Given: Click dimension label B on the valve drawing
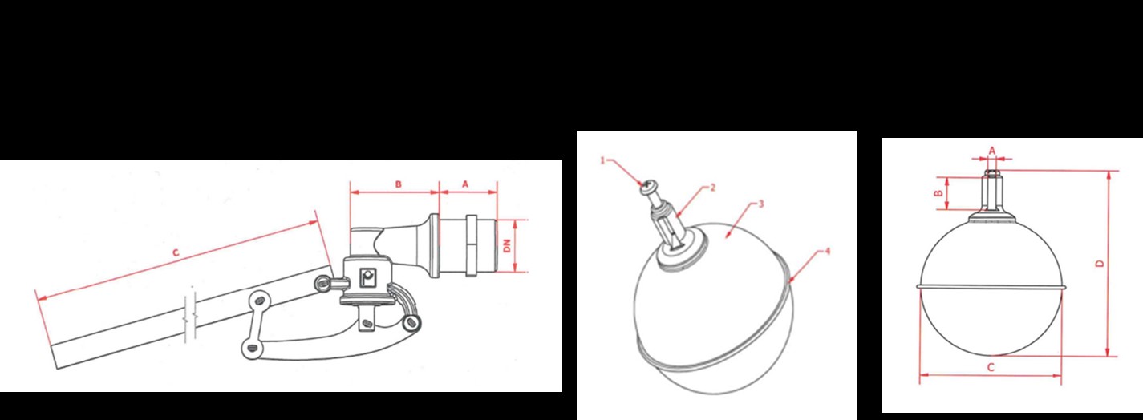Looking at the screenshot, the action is pos(399,184).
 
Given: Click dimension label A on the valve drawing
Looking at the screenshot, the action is pos(465,184).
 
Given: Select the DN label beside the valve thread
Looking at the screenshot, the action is pos(507,246).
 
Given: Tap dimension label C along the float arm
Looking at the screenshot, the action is pos(176,252).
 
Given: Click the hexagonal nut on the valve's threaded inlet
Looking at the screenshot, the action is pos(471,246).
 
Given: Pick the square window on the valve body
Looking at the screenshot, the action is pos(367,277).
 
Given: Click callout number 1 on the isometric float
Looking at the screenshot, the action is pos(602,160).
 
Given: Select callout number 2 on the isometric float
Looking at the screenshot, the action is pos(713,188).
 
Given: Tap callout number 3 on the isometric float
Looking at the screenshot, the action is pos(761,204).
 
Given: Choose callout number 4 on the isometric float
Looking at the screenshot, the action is pos(828,252).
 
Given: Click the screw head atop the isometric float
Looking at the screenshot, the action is pos(646,187).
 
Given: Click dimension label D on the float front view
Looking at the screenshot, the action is pos(1100,264).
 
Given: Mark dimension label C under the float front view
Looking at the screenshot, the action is pos(991,367).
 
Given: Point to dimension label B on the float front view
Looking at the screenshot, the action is pos(938,193).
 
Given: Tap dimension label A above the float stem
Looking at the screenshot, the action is pos(992,151).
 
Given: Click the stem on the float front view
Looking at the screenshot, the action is pos(991,191).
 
